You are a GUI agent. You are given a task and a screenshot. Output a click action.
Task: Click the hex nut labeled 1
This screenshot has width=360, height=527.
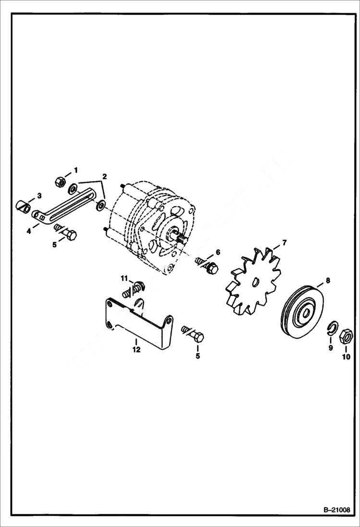coord(61,181)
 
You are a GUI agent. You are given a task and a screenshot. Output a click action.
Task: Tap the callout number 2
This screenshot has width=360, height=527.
coord(104,176)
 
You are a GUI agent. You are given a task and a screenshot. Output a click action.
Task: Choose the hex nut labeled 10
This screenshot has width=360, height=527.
coord(346,335)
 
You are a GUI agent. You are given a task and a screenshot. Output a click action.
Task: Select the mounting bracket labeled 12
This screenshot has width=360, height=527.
coord(139,327)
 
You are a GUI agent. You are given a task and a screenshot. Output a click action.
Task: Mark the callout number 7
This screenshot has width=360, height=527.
coord(284,243)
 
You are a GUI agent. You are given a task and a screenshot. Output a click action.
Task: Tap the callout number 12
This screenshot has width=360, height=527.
coord(137,350)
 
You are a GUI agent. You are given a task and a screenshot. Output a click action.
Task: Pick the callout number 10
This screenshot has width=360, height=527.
coord(346,356)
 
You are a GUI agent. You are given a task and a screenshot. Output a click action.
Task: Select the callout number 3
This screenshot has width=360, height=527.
coord(39,196)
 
